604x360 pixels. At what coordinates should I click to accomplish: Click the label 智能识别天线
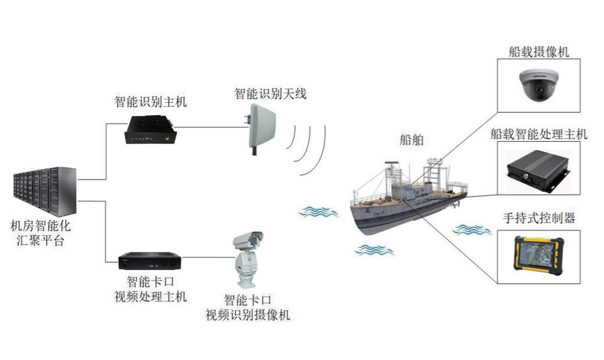tap(270, 94)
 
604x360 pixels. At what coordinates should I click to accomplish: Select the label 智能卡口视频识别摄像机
tap(249, 307)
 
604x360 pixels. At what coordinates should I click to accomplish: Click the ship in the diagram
tap(405, 196)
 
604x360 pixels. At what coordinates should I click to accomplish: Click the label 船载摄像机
tap(538, 51)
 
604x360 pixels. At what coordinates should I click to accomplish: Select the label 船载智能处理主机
tap(538, 134)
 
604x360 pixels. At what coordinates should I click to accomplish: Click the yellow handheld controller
tap(539, 256)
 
